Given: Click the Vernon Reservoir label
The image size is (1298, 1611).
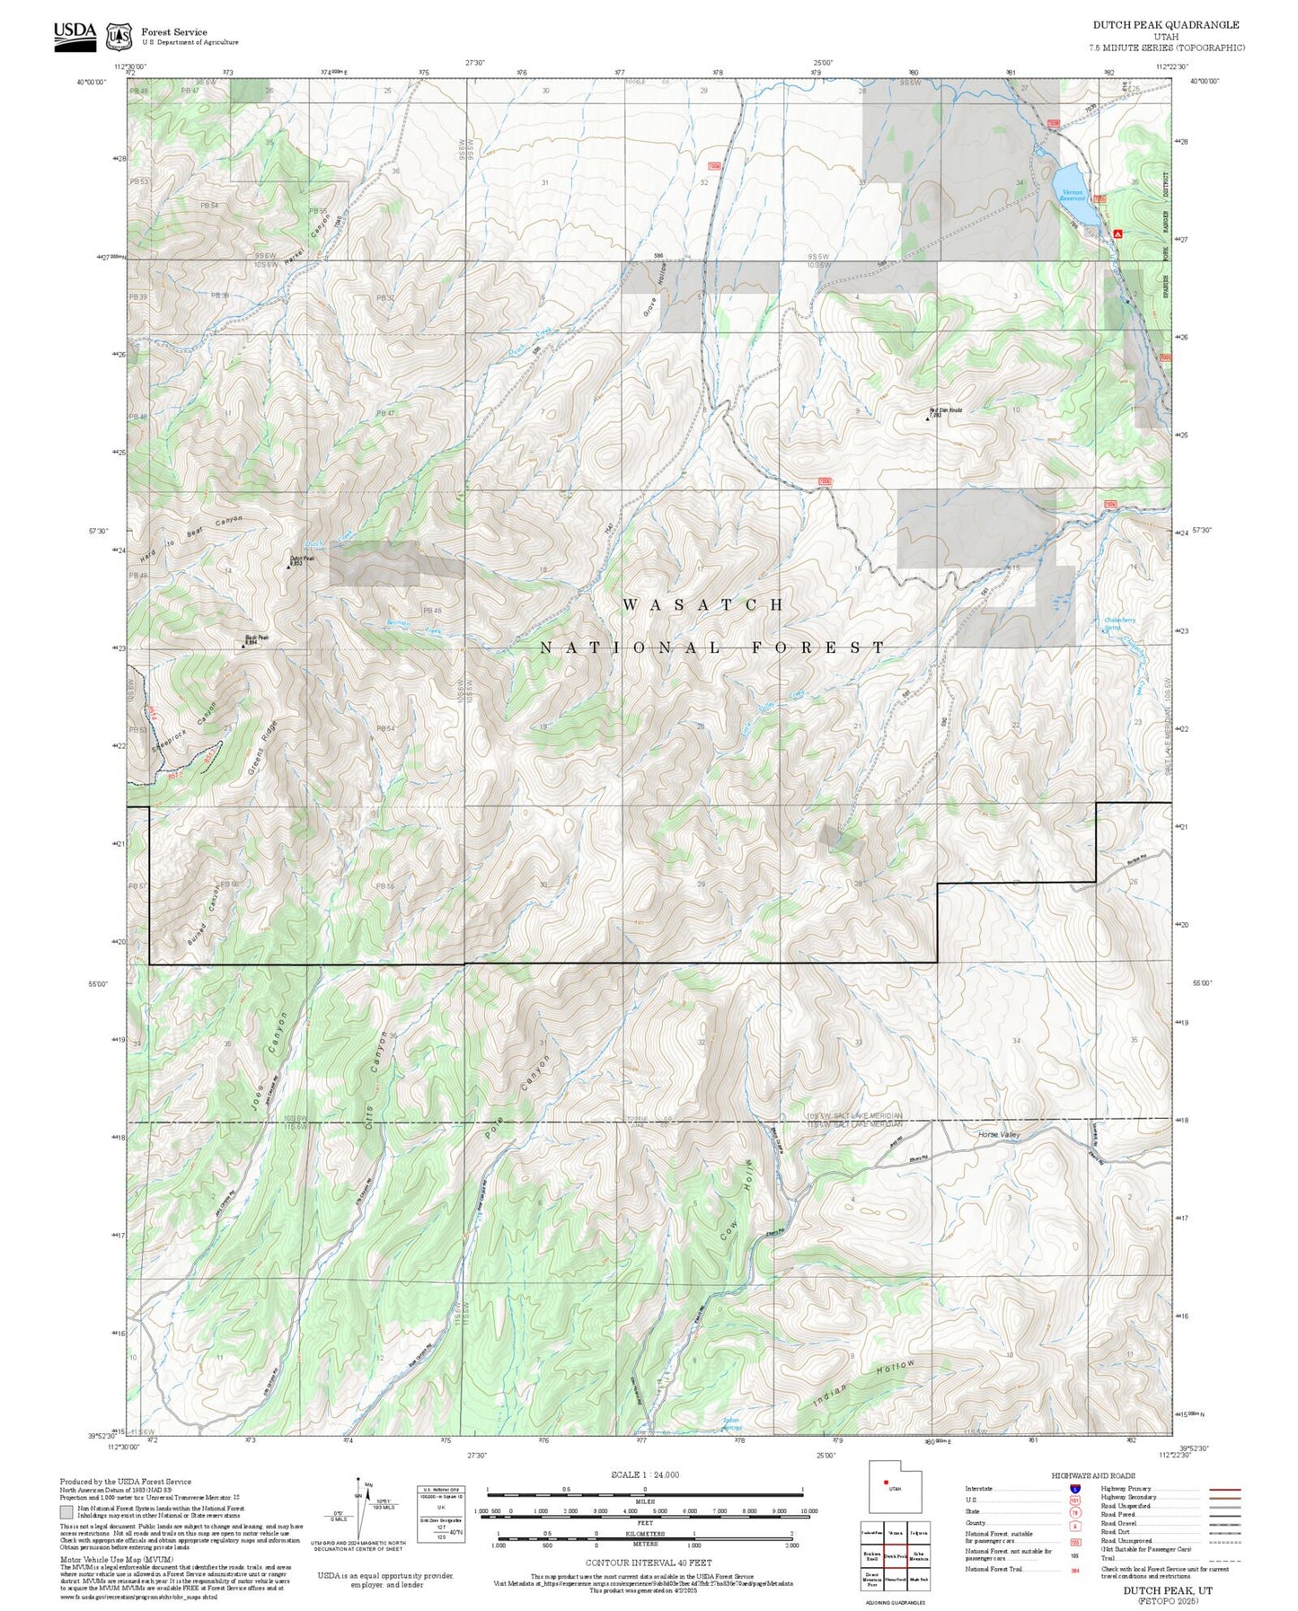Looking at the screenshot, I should [1073, 194].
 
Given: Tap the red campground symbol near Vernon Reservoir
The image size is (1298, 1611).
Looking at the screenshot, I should [1117, 233].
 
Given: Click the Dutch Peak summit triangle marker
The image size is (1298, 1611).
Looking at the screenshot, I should [288, 567].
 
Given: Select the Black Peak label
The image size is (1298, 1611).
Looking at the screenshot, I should [257, 639].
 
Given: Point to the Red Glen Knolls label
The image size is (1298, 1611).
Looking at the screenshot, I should [945, 411].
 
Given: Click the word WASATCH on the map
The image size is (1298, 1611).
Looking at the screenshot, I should [703, 605].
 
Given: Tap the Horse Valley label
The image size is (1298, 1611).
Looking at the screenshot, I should [999, 1135].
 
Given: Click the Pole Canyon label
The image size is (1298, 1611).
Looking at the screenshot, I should [517, 1097].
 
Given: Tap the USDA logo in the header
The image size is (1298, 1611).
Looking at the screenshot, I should [75, 36].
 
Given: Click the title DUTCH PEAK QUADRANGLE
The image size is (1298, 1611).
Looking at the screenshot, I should [1165, 25].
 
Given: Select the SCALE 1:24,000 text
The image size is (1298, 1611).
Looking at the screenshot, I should [644, 1475].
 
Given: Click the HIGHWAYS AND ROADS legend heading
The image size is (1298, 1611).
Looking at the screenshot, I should [1092, 1475].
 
